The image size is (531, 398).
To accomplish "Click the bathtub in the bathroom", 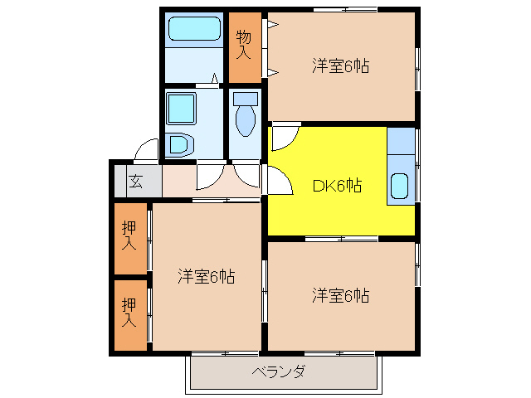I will [193, 30].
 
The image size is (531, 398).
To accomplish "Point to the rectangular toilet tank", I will [245, 98].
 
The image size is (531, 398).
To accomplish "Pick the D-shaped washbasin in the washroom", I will [178, 146].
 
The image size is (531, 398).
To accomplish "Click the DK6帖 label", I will [336, 186].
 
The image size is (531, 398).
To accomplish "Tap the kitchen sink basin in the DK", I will [400, 187].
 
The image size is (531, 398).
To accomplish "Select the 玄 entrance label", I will [134, 182].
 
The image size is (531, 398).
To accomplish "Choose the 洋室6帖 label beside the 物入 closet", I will [340, 66].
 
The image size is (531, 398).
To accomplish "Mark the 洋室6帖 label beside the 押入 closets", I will [206, 277].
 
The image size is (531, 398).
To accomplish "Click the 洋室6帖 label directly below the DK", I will [340, 295].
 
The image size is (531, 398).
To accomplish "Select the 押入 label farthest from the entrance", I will [129, 311].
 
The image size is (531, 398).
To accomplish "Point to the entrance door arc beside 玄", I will [147, 149].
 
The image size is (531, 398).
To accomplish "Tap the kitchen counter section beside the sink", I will [400, 143].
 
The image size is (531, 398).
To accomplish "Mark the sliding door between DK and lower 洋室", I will [341, 239].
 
